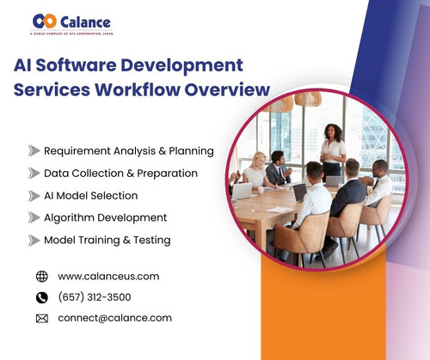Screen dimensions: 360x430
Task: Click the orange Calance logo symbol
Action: point(45,21)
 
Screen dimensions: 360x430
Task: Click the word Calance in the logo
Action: point(86,21)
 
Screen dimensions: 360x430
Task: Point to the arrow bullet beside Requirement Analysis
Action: point(34,150)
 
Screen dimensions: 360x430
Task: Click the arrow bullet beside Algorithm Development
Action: point(34,218)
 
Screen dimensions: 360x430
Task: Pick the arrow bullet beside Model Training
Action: point(34,241)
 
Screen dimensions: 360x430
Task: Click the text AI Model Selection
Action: point(90,196)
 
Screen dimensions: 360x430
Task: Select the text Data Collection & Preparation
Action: point(120,174)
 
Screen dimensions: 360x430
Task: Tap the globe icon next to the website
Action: point(42,277)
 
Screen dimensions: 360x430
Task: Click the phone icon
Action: point(42,297)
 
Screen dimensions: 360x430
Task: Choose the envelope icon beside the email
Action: point(42,318)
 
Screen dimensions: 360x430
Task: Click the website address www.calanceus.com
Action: point(108,277)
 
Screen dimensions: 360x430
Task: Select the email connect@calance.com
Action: point(114,318)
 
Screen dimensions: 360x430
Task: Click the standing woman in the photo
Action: point(333,146)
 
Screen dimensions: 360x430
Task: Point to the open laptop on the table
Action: point(243,191)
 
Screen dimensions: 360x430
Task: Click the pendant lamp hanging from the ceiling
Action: point(307,99)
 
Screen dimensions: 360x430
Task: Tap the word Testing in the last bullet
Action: point(150,241)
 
